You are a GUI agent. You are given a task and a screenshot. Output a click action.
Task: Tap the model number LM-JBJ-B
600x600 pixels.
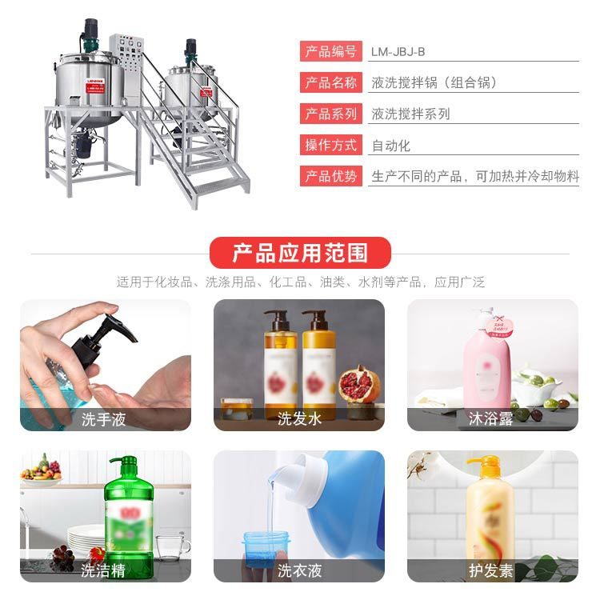click(x=398, y=52)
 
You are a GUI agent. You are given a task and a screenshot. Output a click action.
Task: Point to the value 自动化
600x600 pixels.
click(x=391, y=146)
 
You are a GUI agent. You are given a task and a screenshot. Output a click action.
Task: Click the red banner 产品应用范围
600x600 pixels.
click(x=300, y=254)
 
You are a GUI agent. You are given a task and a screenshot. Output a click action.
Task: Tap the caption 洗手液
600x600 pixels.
click(x=104, y=418)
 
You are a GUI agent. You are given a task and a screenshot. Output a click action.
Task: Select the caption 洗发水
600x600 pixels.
click(x=299, y=418)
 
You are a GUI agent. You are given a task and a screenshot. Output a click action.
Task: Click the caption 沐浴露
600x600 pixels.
click(x=492, y=418)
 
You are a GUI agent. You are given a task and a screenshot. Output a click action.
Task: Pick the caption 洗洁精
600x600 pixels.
click(x=104, y=570)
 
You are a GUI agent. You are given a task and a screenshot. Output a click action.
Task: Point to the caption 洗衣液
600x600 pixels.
click(x=299, y=570)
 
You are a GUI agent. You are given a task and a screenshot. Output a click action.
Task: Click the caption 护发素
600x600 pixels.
click(x=492, y=570)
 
